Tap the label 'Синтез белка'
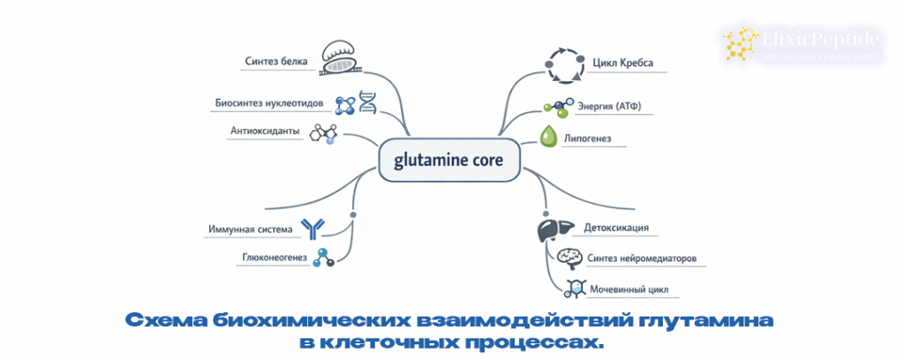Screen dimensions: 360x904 point(277,61)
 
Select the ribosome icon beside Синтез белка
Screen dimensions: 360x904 point(340,56)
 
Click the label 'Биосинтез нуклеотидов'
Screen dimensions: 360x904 point(269,103)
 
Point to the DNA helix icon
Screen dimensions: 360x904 point(367,101)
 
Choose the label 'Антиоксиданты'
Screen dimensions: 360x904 point(265,131)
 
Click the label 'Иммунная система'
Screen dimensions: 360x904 point(250,229)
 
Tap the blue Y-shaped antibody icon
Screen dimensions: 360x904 point(313,229)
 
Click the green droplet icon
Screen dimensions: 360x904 point(548,137)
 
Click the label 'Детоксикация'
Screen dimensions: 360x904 point(616,228)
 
